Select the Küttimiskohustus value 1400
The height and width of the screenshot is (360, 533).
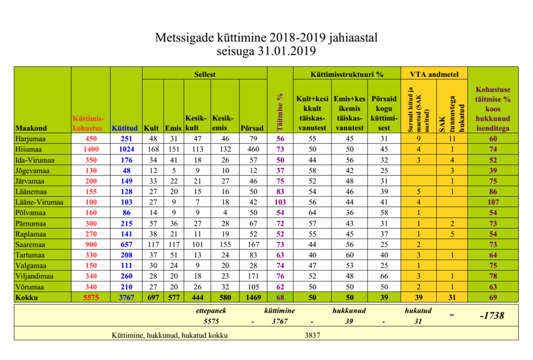tap(91, 149)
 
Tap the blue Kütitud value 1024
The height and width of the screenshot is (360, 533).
tap(125, 149)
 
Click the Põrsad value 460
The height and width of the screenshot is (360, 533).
tap(253, 149)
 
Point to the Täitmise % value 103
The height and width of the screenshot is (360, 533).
tap(280, 201)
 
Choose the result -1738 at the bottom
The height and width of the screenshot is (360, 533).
tap(492, 316)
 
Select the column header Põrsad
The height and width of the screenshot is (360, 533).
tap(253, 128)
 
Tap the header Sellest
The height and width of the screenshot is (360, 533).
tap(205, 74)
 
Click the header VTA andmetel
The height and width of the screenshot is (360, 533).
tap(434, 74)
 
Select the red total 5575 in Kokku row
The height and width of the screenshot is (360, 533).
tap(91, 297)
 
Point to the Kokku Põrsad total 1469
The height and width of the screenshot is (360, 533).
tap(253, 297)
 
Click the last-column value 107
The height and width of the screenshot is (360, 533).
tap(492, 201)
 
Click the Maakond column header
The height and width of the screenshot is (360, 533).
tap(31, 128)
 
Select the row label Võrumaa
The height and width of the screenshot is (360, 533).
tap(29, 287)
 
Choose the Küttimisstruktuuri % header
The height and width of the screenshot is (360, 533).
tap(347, 74)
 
